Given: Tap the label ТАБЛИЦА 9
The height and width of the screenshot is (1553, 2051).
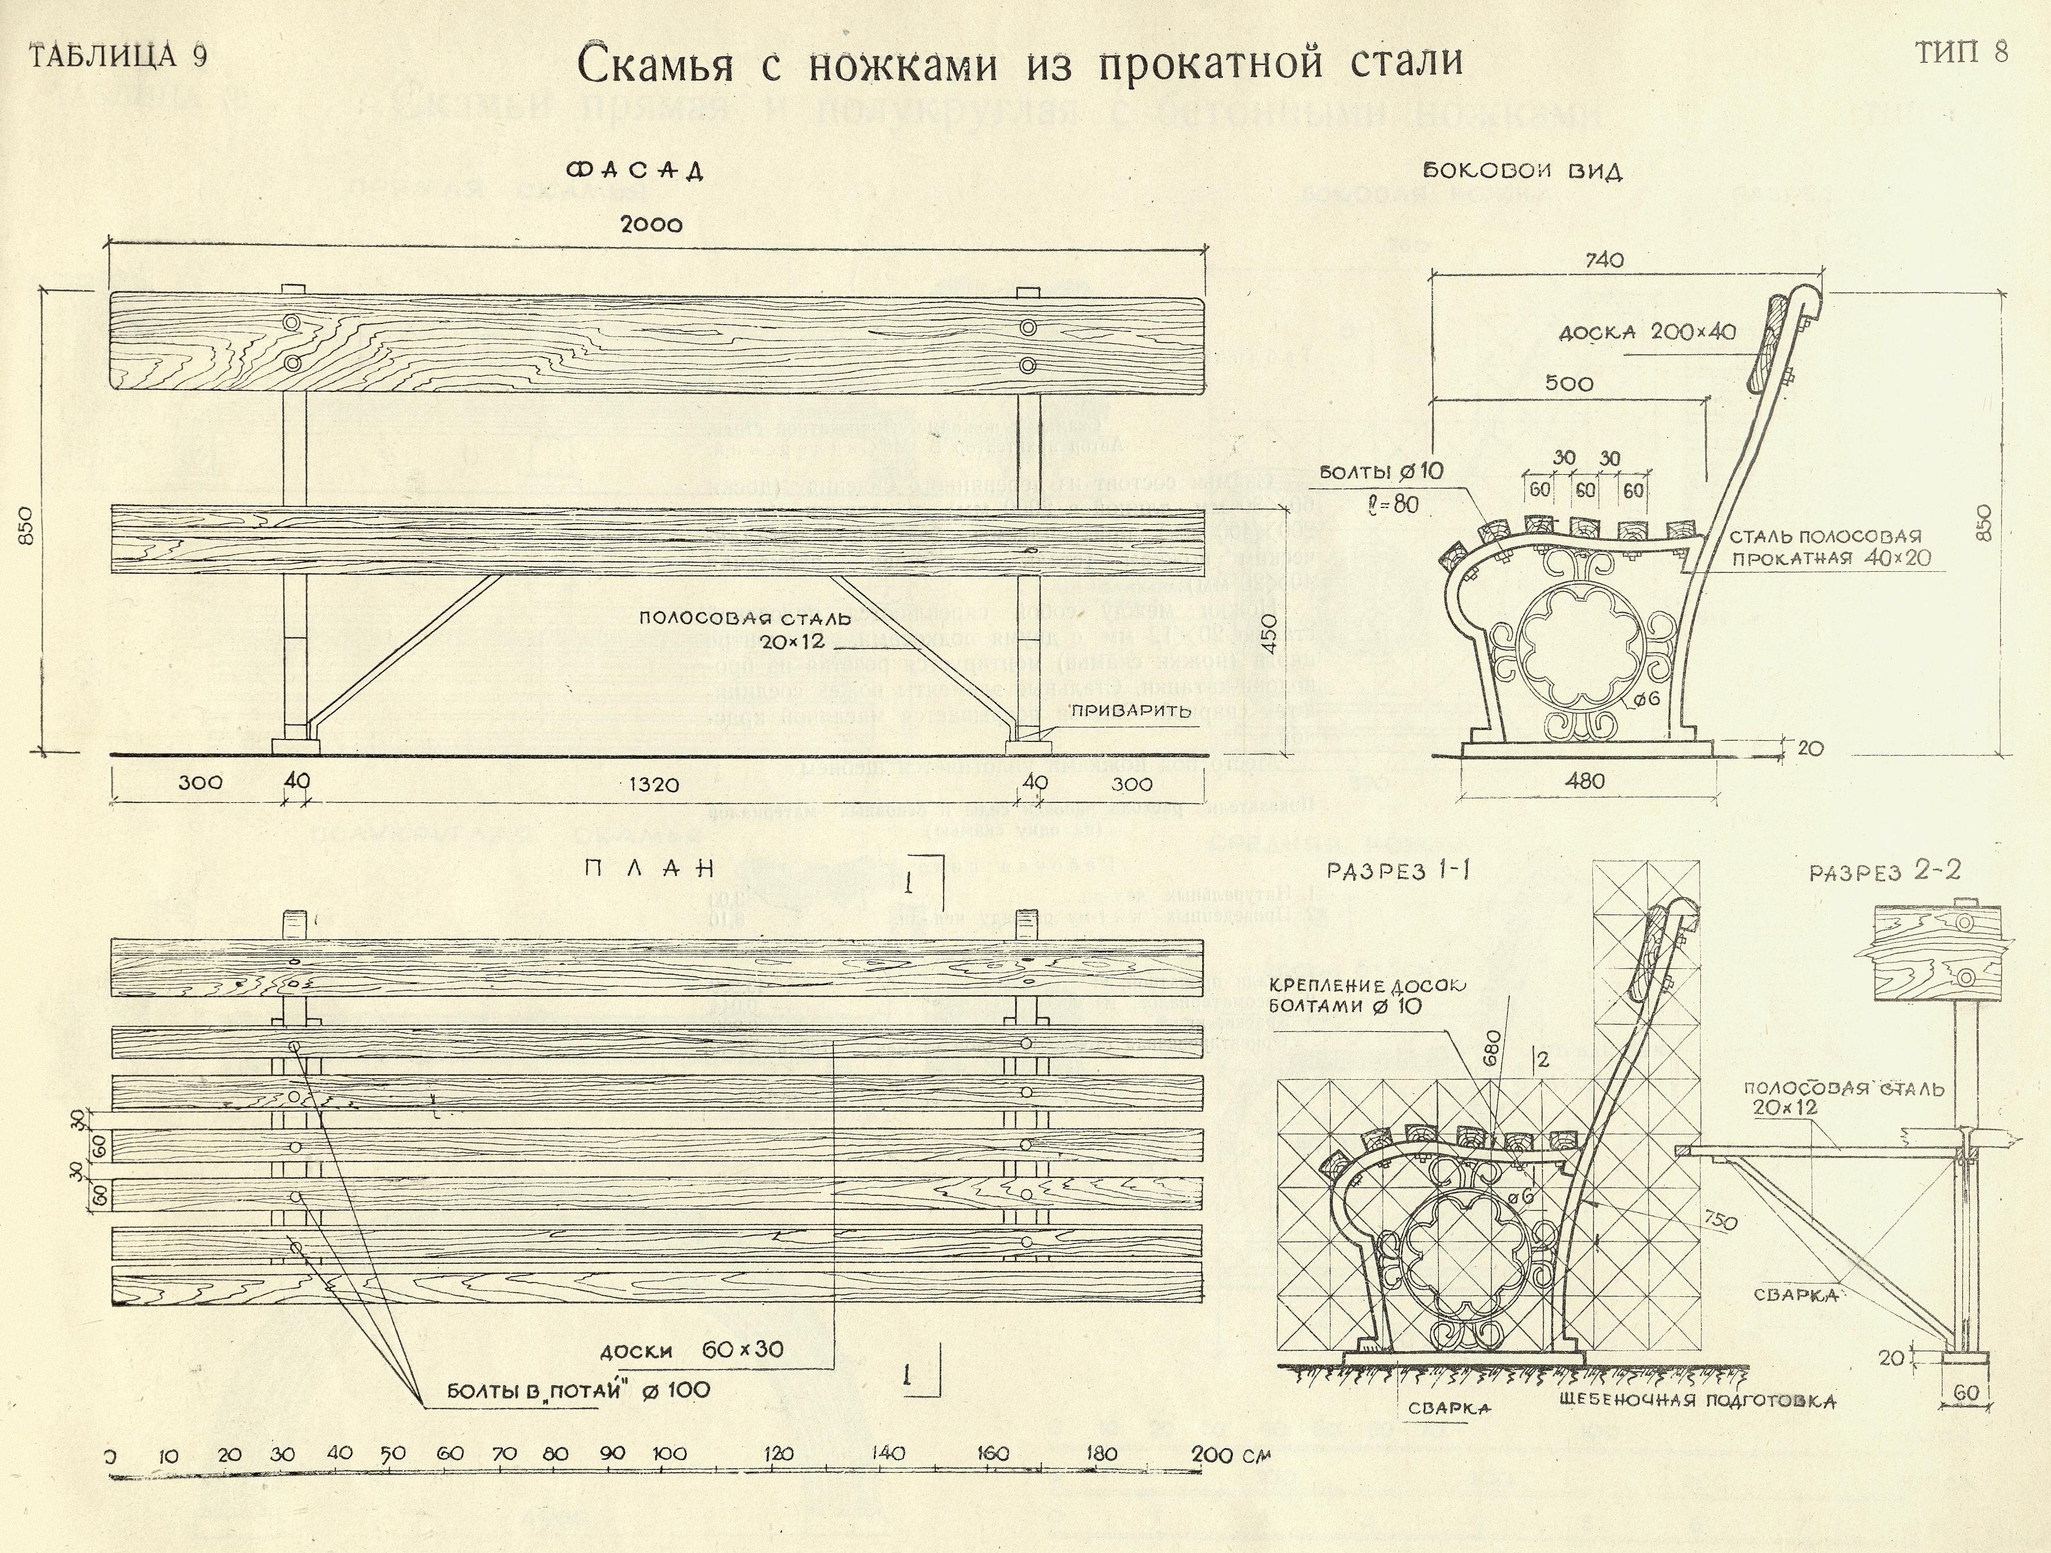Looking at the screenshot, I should click(x=118, y=56).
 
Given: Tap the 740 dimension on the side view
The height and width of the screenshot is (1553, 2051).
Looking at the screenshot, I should click(x=1604, y=261).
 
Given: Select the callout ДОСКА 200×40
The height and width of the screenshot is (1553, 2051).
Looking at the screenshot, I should click(x=1647, y=332).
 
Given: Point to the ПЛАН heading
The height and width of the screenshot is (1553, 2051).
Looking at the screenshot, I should click(x=649, y=869).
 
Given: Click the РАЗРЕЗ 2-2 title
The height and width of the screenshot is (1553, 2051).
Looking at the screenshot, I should click(x=1885, y=871).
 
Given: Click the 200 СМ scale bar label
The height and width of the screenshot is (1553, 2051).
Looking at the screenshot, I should click(x=1230, y=1455).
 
